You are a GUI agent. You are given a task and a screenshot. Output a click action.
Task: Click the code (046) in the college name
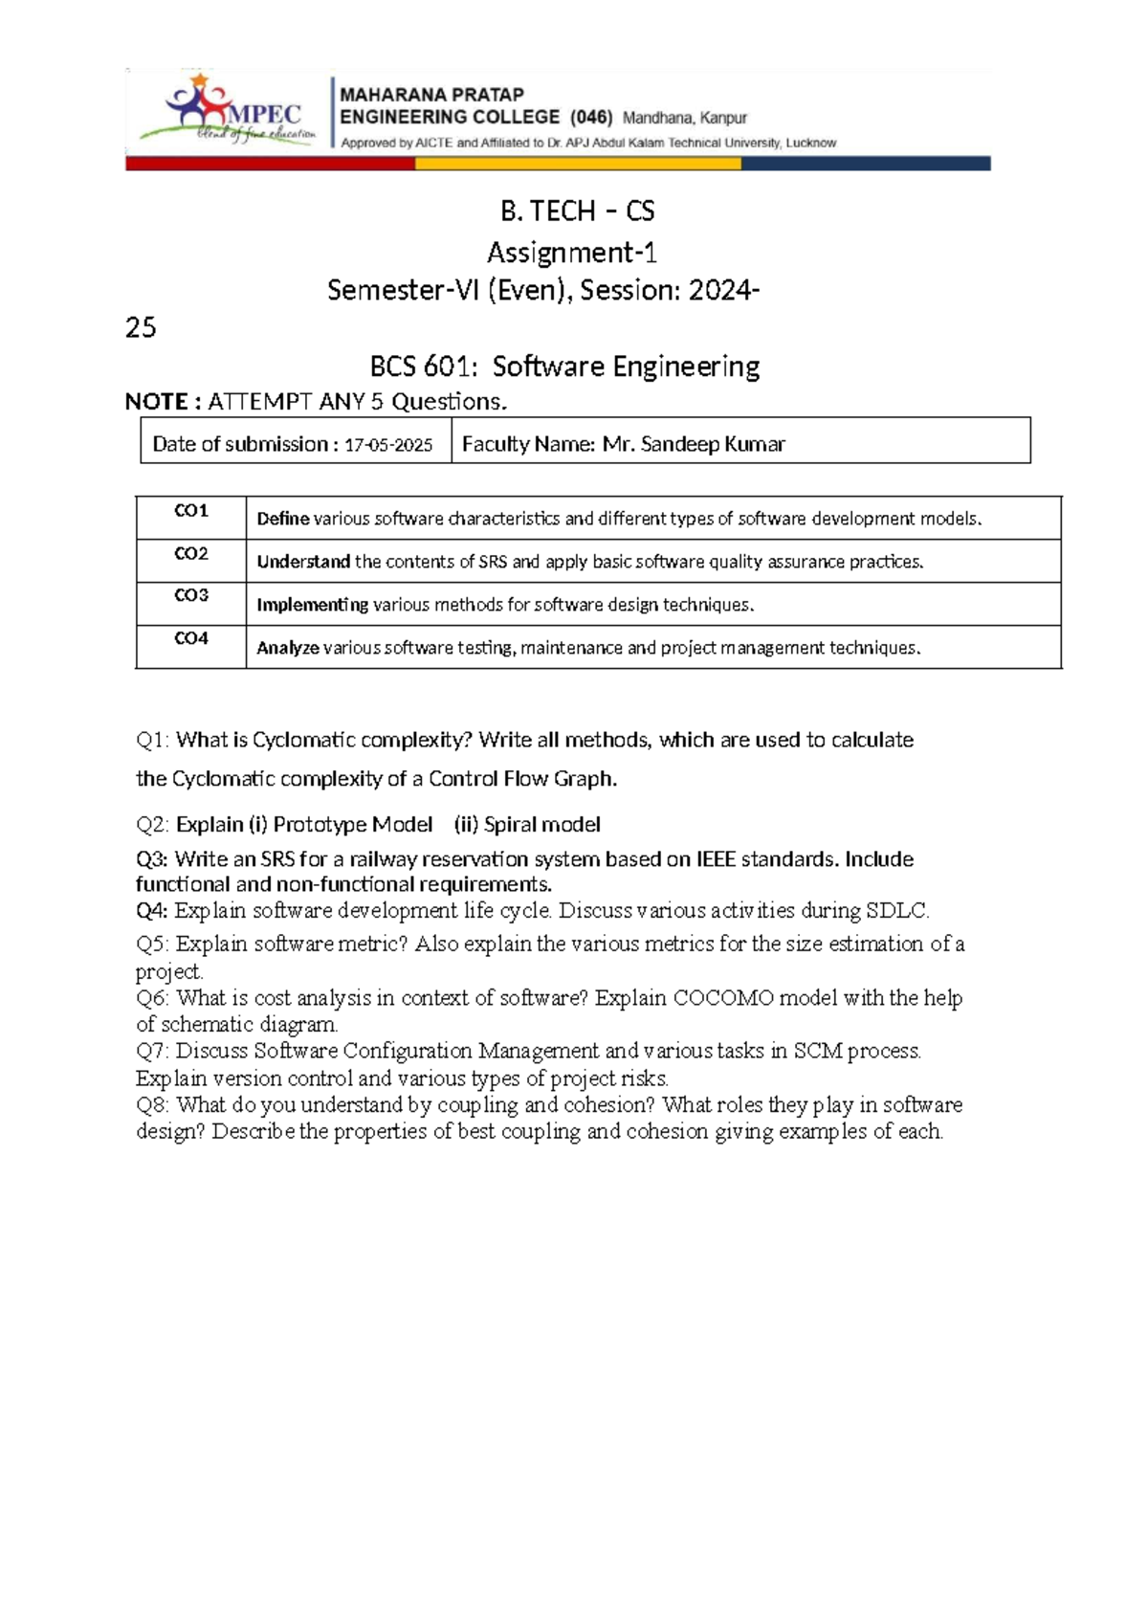590,118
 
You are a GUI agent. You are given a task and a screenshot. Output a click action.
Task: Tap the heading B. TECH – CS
577,211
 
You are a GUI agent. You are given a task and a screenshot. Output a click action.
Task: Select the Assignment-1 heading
572,253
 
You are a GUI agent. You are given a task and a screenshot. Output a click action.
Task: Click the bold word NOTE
157,402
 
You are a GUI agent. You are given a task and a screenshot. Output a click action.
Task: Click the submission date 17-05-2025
388,445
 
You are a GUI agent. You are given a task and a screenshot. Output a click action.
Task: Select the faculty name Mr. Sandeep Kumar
694,444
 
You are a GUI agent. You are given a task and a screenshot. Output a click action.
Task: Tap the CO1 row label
191,511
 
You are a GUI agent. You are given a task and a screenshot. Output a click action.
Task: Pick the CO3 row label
191,595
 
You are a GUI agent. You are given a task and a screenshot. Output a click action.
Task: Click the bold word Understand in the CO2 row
303,562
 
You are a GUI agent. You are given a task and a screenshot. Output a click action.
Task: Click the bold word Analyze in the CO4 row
287,648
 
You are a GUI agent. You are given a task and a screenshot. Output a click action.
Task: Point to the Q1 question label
153,740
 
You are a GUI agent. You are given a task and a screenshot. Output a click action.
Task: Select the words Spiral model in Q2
542,825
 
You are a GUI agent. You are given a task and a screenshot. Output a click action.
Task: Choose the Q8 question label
153,1105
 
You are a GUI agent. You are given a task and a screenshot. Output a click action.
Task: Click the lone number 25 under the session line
141,328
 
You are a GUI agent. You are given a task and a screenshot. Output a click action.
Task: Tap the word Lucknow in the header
810,144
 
